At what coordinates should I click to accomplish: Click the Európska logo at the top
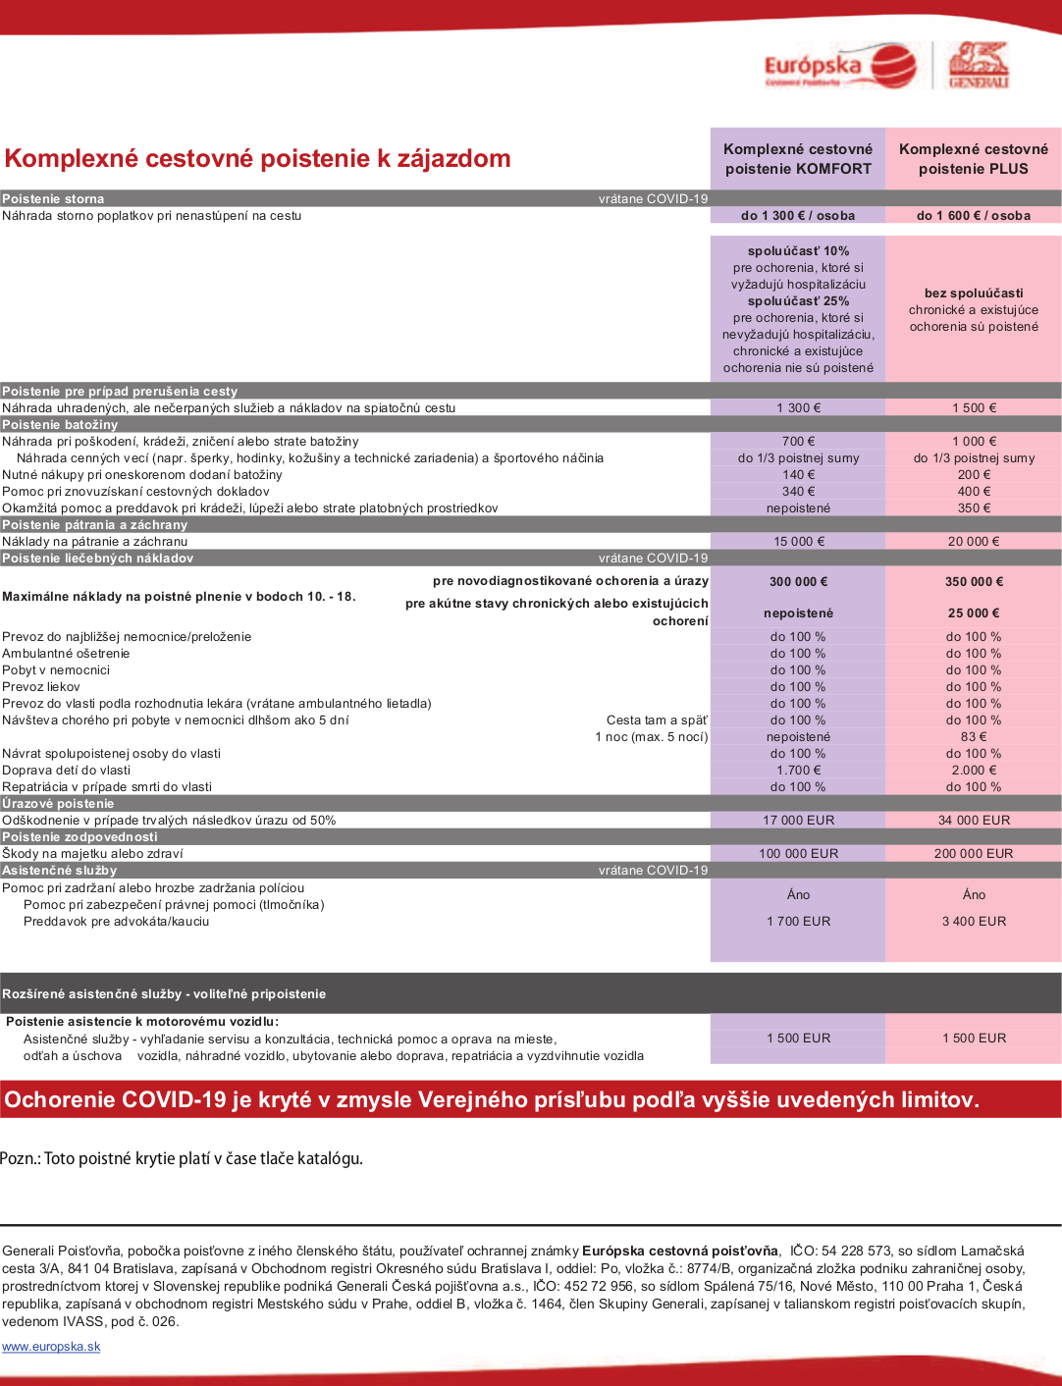tap(839, 67)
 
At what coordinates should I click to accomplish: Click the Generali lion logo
tap(978, 65)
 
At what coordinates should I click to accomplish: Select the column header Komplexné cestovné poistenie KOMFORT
tap(798, 159)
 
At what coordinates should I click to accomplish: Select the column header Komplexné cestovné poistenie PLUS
tap(974, 159)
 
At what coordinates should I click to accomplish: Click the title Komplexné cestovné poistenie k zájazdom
tap(258, 159)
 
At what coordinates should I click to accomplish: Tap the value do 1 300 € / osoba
tap(798, 216)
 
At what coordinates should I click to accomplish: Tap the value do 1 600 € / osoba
tap(974, 216)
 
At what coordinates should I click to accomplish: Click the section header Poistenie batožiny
tap(61, 425)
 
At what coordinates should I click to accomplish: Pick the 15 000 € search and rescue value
tap(799, 542)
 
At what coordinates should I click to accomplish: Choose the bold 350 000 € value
tap(974, 582)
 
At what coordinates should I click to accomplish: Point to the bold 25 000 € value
tap(974, 613)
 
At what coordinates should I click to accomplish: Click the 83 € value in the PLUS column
tap(974, 737)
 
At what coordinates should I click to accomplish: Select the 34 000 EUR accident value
tap(974, 821)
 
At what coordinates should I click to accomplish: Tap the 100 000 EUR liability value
tap(799, 854)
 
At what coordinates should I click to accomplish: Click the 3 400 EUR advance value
tap(974, 922)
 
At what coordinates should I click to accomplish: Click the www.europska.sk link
tap(51, 1347)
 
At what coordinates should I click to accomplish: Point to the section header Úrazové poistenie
tap(59, 804)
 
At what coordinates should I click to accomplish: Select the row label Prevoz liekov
tap(41, 687)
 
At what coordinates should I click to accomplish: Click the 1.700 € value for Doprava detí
tap(799, 771)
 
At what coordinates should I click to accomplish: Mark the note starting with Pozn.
tap(182, 1159)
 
